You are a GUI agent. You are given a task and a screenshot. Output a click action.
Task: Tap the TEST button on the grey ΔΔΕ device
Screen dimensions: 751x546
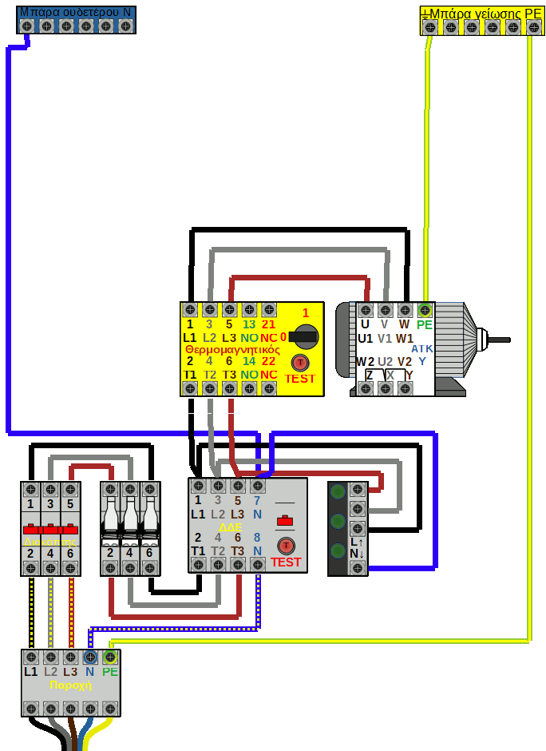[x=286, y=546]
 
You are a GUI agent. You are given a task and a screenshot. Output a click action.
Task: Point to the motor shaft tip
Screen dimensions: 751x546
[x=506, y=340]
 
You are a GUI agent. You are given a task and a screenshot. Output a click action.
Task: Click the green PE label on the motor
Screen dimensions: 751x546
[x=424, y=324]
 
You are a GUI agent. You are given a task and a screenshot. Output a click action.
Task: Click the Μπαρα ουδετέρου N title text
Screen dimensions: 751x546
[x=75, y=13]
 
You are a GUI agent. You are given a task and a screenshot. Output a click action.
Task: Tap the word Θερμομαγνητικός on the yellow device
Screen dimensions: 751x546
[x=231, y=350]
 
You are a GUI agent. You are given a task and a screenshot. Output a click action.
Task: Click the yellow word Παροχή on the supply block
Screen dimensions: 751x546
[x=70, y=685]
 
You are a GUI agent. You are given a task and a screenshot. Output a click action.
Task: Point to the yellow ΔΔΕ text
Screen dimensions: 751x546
[x=229, y=528]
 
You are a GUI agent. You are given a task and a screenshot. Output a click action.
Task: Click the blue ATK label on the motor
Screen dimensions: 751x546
[x=422, y=349]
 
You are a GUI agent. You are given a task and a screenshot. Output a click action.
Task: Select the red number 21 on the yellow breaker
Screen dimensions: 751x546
[x=268, y=324]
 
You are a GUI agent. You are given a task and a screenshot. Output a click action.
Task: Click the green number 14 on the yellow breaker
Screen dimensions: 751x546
[x=249, y=361]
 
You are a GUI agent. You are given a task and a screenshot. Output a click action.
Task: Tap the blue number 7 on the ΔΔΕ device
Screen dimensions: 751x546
[x=257, y=501]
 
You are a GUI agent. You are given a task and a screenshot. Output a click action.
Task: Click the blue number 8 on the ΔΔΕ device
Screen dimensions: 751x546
[x=257, y=538]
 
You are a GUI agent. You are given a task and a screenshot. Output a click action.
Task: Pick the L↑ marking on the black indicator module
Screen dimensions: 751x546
[x=357, y=541]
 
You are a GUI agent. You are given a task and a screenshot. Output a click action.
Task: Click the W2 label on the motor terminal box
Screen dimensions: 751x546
[x=365, y=361]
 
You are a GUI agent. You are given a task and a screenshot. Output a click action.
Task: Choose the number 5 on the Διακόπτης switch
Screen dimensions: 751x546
[x=70, y=504]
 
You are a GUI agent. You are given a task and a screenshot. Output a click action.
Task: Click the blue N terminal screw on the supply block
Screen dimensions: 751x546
[x=90, y=658]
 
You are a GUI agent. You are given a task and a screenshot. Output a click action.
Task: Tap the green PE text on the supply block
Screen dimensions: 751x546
[x=110, y=672]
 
